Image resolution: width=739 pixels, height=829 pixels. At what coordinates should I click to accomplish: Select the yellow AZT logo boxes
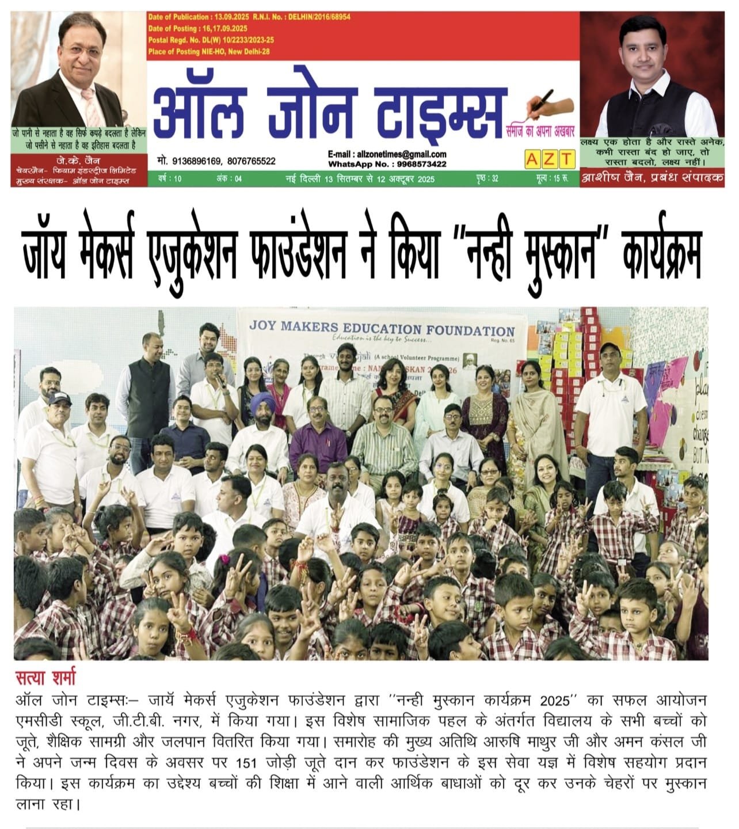[x=549, y=159]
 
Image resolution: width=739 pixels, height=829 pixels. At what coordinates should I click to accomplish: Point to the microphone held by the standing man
[x=220, y=381]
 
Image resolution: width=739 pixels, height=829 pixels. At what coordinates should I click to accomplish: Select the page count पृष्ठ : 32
[x=487, y=179]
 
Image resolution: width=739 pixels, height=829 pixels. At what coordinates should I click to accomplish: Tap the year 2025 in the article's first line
[x=557, y=701]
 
